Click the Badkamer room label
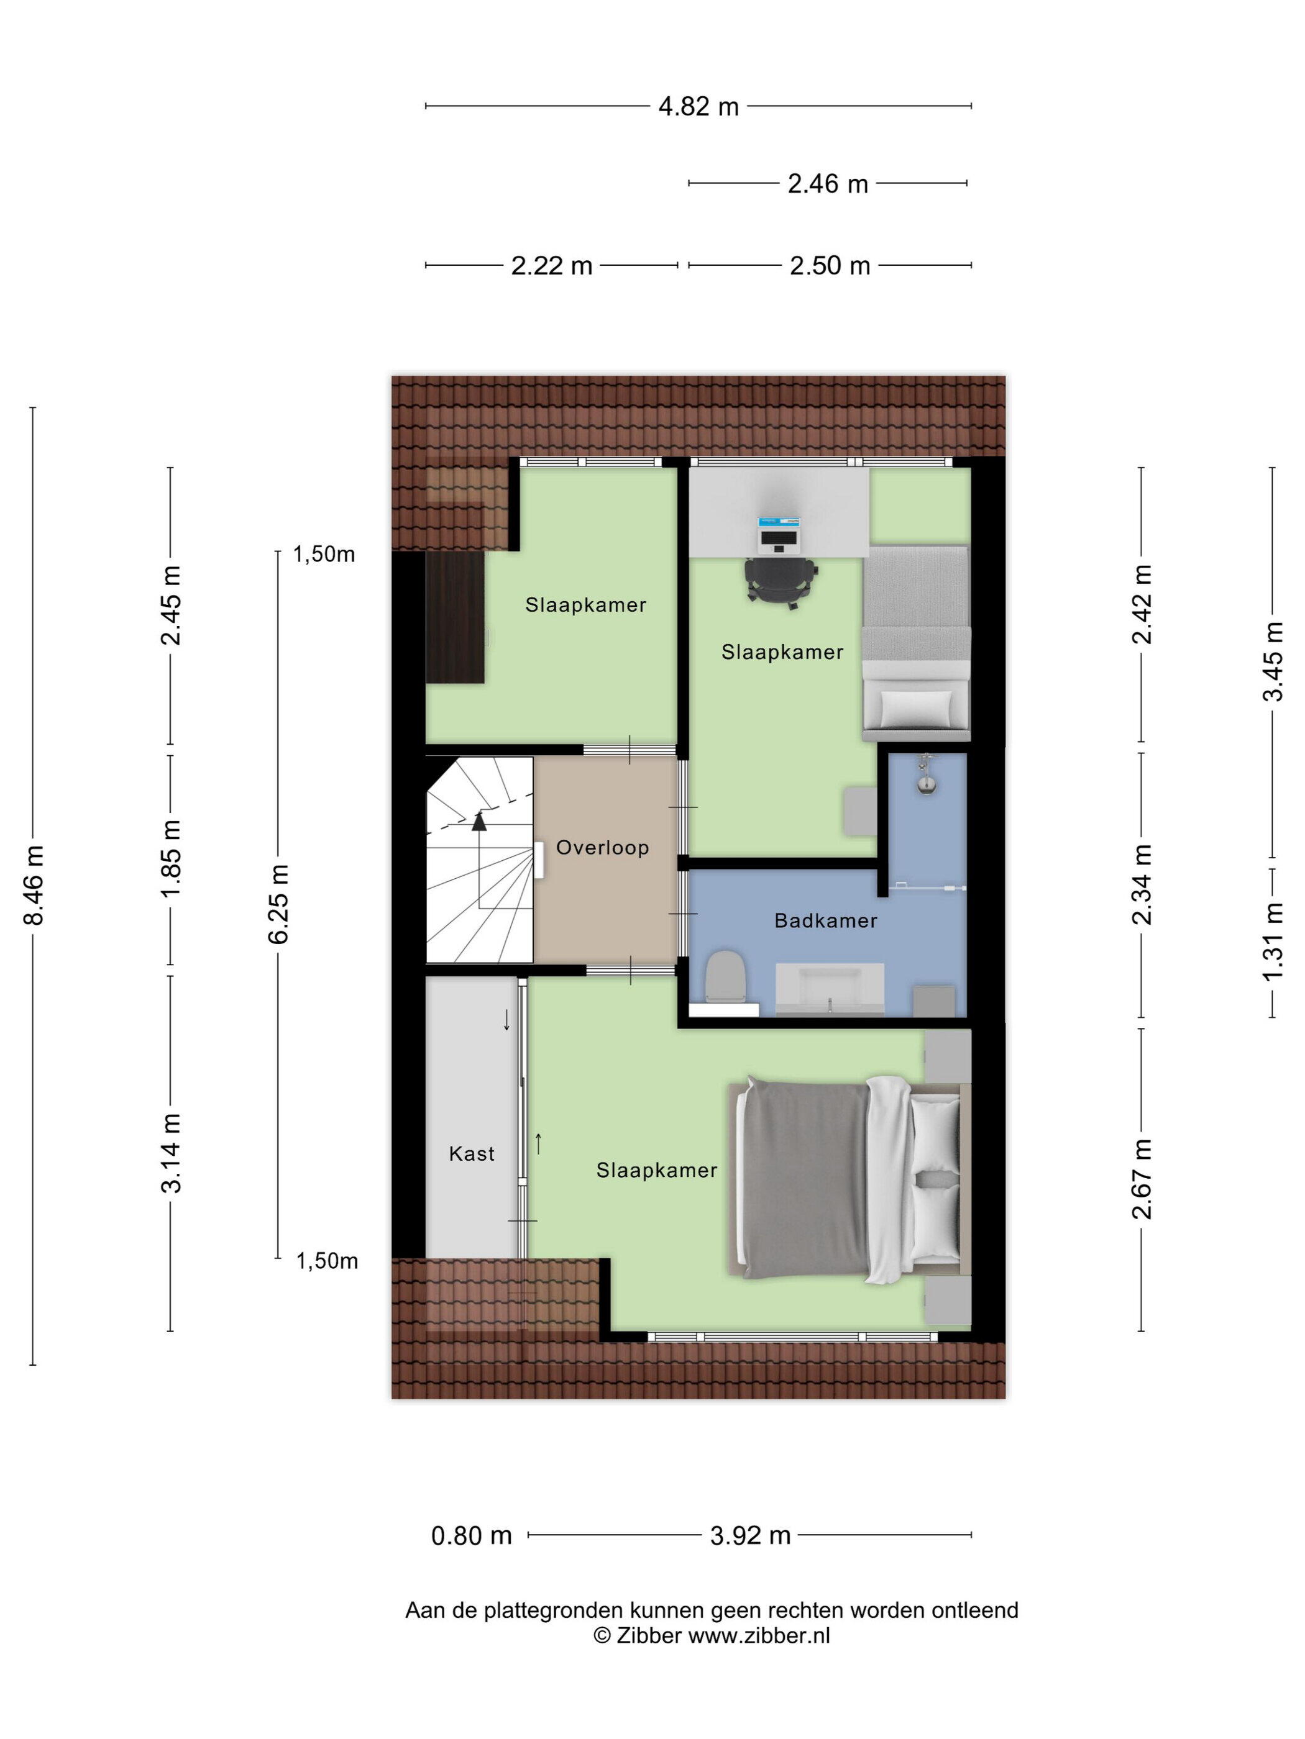(x=825, y=920)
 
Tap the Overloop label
(x=603, y=848)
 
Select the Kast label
(x=472, y=1153)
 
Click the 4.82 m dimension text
(x=698, y=106)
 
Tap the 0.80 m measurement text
(x=471, y=1535)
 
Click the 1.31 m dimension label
(x=1272, y=941)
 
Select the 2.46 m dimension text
(x=828, y=183)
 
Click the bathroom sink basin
(x=830, y=988)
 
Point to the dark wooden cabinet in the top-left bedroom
(x=455, y=616)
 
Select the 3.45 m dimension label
(x=1272, y=661)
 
